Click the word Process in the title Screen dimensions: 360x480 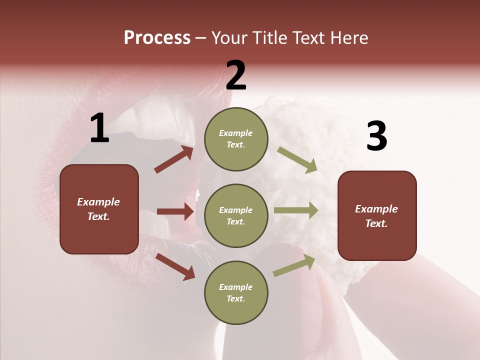point(157,38)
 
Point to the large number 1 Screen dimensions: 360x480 point(99,128)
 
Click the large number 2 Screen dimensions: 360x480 point(236,75)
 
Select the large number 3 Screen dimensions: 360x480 point(376,136)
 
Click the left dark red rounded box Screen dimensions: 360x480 point(99,209)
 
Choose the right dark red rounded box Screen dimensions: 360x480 point(377,216)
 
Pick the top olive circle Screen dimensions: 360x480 point(236,139)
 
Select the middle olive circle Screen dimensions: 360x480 point(236,215)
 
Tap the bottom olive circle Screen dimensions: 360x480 point(236,292)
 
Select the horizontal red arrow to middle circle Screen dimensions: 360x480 point(175,211)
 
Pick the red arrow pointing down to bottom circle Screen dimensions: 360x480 point(175,266)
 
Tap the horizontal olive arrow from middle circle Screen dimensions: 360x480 point(296,210)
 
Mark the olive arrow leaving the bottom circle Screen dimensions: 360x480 point(294,265)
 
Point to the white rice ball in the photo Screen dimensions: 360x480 point(300,125)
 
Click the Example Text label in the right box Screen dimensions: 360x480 point(376,216)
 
